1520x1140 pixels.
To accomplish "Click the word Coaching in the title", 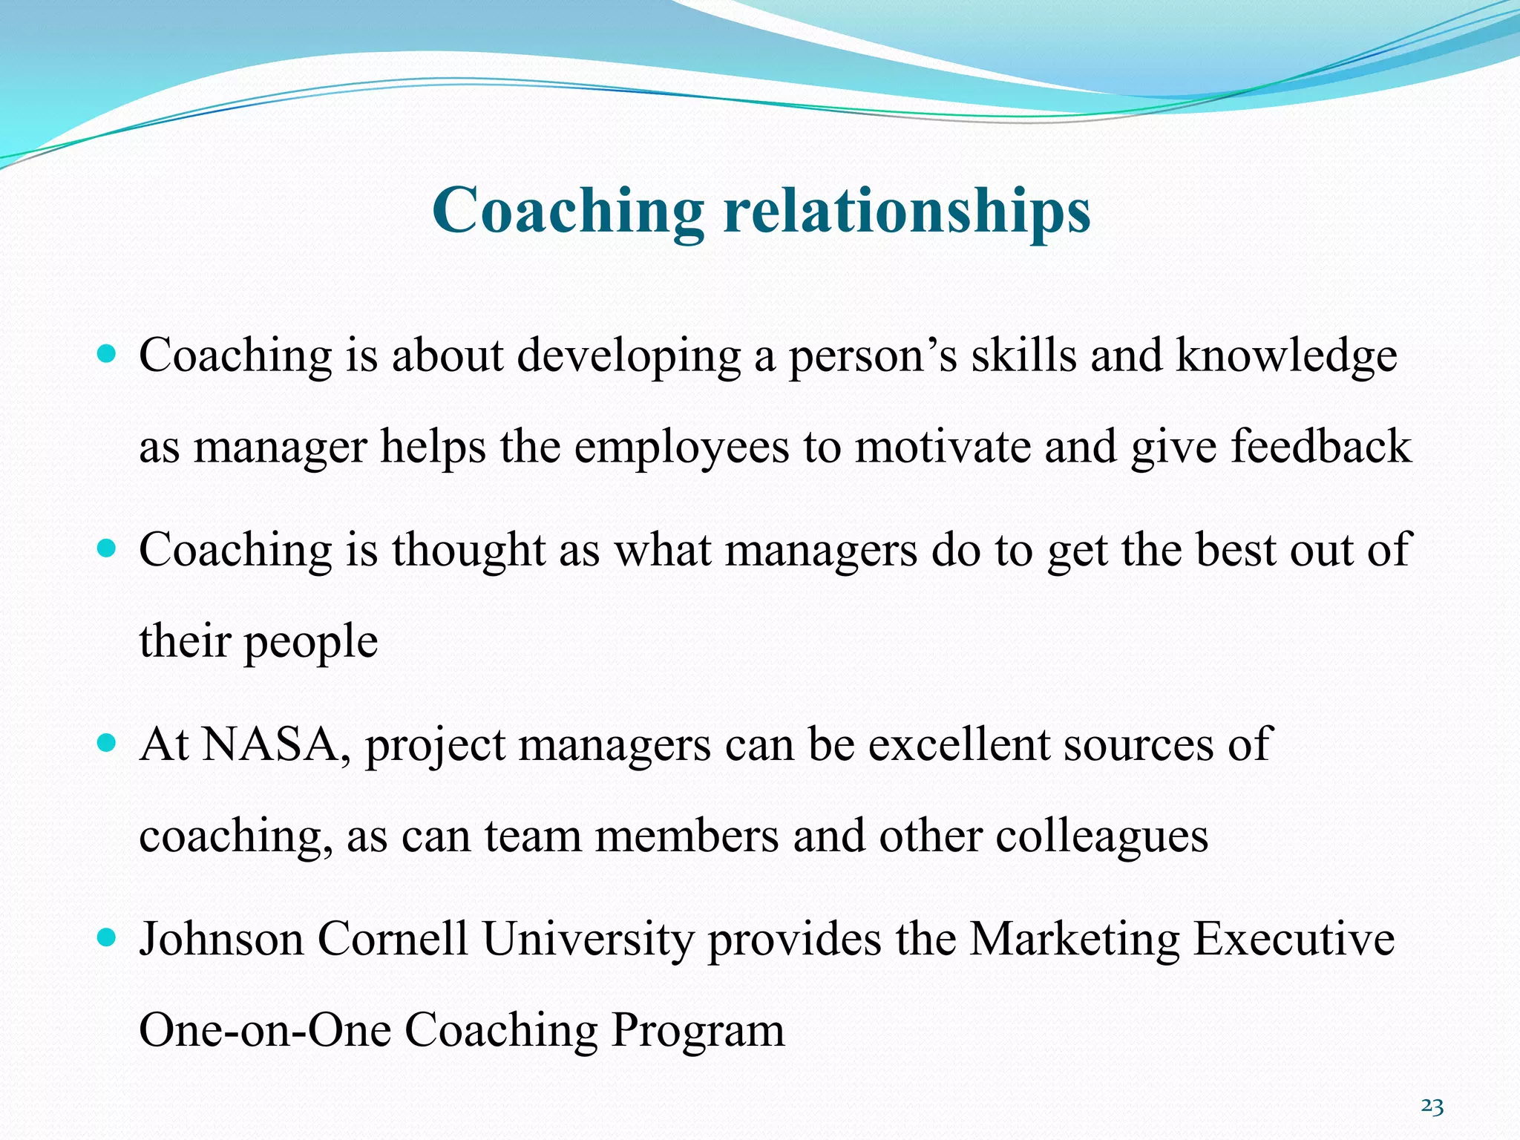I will pos(568,212).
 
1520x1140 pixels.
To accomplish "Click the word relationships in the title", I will pos(907,212).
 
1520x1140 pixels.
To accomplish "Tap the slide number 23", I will pos(1432,1107).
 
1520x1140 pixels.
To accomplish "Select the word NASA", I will pos(270,744).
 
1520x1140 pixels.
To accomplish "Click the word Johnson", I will pos(222,939).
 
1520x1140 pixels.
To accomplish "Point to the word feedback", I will pos(1321,447).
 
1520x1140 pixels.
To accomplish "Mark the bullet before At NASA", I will pos(108,741).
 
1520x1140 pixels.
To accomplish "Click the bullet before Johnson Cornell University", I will pos(108,937).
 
